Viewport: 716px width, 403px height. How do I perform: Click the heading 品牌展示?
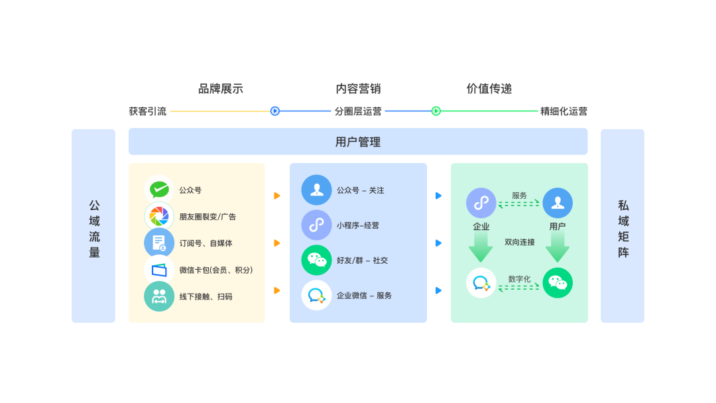tap(221, 89)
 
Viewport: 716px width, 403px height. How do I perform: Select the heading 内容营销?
tap(358, 89)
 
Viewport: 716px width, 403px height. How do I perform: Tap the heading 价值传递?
tap(489, 89)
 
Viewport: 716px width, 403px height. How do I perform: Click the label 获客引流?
tap(148, 111)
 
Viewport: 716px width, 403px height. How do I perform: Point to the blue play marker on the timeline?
tap(275, 111)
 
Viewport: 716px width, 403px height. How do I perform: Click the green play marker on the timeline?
tap(436, 111)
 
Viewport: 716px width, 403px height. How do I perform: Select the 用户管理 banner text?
tap(358, 142)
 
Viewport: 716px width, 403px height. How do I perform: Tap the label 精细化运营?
tap(564, 111)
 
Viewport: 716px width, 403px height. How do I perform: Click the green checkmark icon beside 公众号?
tap(159, 190)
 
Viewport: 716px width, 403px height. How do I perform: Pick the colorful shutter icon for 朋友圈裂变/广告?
tap(159, 216)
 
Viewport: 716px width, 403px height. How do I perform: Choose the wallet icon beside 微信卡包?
tap(159, 270)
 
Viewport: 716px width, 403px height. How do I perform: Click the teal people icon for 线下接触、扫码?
tap(159, 296)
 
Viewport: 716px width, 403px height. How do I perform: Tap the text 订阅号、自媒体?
tap(206, 243)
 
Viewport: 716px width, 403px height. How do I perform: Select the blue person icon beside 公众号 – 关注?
tap(316, 190)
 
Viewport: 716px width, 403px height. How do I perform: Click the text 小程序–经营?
tap(357, 225)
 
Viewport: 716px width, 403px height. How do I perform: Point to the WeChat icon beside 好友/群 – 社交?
tap(316, 260)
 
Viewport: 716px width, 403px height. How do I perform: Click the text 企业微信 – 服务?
tap(364, 296)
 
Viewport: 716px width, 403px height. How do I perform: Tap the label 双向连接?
tap(519, 243)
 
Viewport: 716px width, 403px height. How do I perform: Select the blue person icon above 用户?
tap(558, 203)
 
